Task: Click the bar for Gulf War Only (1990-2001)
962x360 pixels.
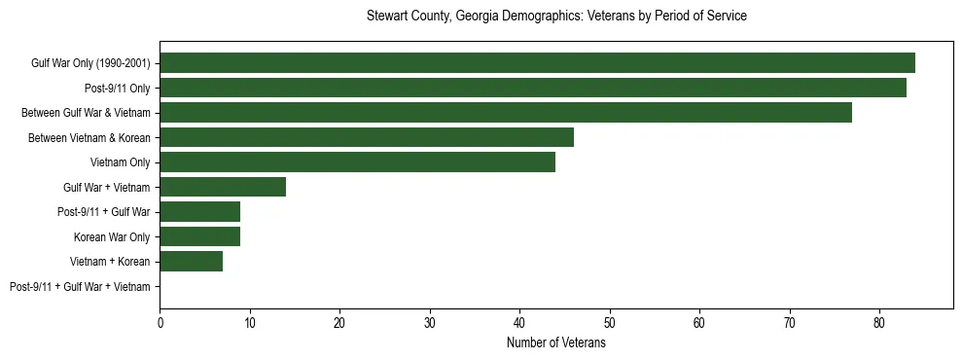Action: (537, 63)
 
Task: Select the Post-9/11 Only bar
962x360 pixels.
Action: (533, 88)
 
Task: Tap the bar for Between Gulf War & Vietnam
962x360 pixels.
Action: (506, 113)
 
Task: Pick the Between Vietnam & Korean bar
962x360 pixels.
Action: (367, 137)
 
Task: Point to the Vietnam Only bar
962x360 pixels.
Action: (357, 162)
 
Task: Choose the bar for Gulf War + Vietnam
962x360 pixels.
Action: (223, 187)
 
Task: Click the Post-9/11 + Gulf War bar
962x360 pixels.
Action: (200, 212)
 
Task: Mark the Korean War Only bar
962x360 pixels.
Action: (200, 236)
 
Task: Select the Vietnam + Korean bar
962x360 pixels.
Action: (192, 262)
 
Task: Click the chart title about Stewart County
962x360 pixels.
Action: (556, 17)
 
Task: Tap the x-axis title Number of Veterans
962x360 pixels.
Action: (556, 343)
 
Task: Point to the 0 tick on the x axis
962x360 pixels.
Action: (160, 322)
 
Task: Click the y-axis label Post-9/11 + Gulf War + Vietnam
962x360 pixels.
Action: (80, 287)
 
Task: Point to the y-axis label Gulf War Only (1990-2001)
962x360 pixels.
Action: (90, 63)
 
